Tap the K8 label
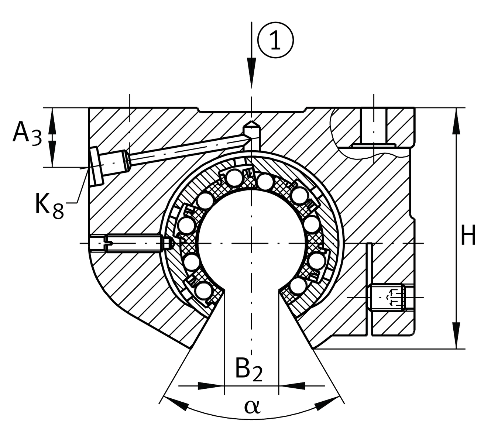[49, 206]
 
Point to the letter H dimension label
[468, 235]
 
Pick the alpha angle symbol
[252, 406]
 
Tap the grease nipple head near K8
[95, 165]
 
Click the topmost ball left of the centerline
[234, 178]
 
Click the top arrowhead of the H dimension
[457, 120]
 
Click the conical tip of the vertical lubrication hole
[251, 124]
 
